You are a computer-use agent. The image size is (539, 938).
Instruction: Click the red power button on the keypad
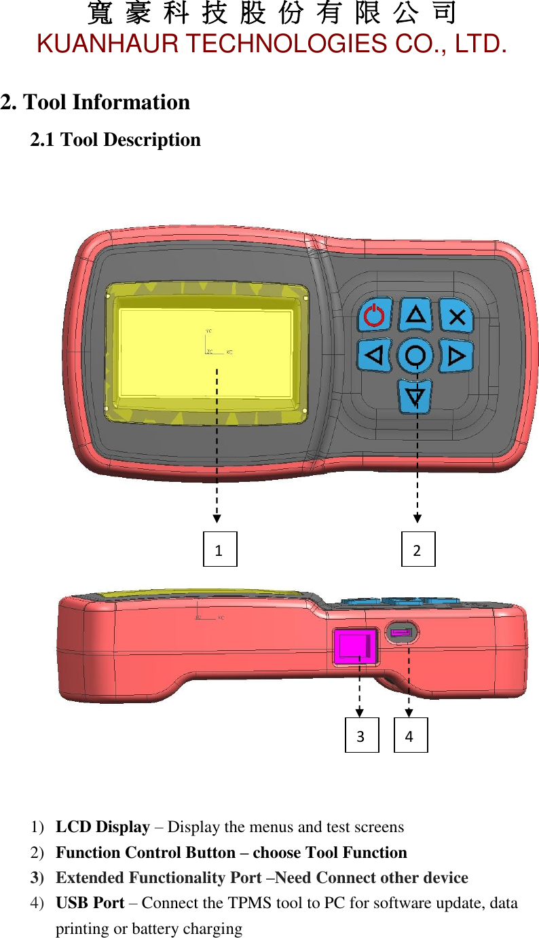(x=374, y=316)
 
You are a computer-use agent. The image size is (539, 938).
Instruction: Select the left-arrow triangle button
(x=374, y=354)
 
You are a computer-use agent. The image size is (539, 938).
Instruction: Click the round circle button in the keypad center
(x=415, y=354)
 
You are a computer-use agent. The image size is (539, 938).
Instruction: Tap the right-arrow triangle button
(x=457, y=355)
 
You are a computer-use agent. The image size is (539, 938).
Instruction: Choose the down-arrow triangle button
(x=415, y=396)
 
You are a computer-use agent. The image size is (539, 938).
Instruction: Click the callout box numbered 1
(x=220, y=549)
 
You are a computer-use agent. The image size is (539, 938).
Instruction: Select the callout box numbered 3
(x=361, y=735)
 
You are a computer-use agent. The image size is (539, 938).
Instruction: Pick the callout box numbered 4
(x=411, y=735)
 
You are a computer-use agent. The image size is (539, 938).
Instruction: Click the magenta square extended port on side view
(x=355, y=645)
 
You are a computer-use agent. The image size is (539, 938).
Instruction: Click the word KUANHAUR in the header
(x=108, y=45)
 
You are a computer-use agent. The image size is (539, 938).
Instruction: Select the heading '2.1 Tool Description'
(x=115, y=140)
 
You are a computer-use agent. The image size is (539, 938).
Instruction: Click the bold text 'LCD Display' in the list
(x=103, y=827)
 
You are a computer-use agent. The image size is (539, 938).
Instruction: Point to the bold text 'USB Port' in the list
(x=90, y=903)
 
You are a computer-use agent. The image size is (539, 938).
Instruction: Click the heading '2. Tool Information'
(x=95, y=102)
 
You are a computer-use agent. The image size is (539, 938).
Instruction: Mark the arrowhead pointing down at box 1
(x=216, y=518)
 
